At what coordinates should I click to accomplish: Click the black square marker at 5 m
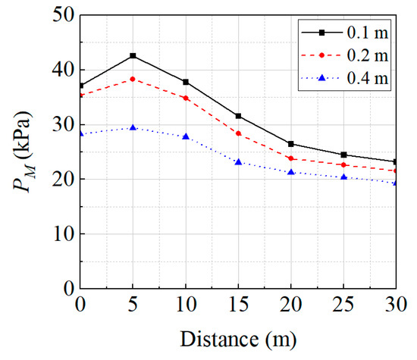click(133, 55)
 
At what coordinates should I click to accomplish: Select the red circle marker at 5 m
click(133, 79)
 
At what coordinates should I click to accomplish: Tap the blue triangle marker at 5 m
click(133, 127)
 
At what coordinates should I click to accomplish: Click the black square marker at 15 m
click(239, 116)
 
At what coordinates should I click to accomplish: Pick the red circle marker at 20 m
click(292, 158)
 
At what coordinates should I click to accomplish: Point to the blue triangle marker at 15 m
click(239, 161)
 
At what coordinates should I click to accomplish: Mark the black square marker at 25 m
click(344, 155)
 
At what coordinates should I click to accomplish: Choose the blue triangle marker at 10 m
click(186, 136)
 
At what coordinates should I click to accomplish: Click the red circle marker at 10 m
click(186, 98)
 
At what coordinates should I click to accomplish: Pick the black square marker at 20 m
click(292, 143)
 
